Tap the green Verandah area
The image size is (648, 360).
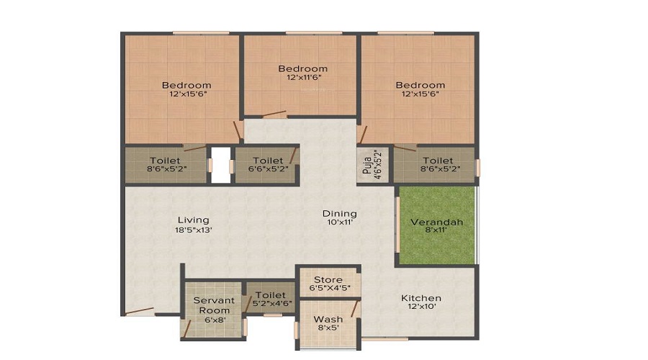tap(437, 225)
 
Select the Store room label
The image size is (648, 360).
tap(328, 280)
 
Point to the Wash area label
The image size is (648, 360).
tap(328, 319)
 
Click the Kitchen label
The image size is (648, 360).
tap(421, 298)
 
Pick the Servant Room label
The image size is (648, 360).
tap(214, 305)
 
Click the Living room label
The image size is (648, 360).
tap(194, 220)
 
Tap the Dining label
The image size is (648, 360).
tap(340, 214)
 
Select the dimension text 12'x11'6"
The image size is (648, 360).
tap(304, 77)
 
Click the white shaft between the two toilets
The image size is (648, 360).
tap(221, 165)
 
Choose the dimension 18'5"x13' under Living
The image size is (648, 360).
tap(194, 230)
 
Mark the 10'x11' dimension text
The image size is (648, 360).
tap(340, 222)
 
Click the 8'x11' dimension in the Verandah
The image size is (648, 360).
tap(436, 230)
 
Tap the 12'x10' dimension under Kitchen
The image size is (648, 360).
tap(421, 307)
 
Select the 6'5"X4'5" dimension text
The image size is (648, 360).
tap(330, 288)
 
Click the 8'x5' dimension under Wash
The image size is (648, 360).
tap(328, 328)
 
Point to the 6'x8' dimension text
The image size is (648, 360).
tap(215, 320)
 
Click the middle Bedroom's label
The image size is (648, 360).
tap(303, 68)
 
